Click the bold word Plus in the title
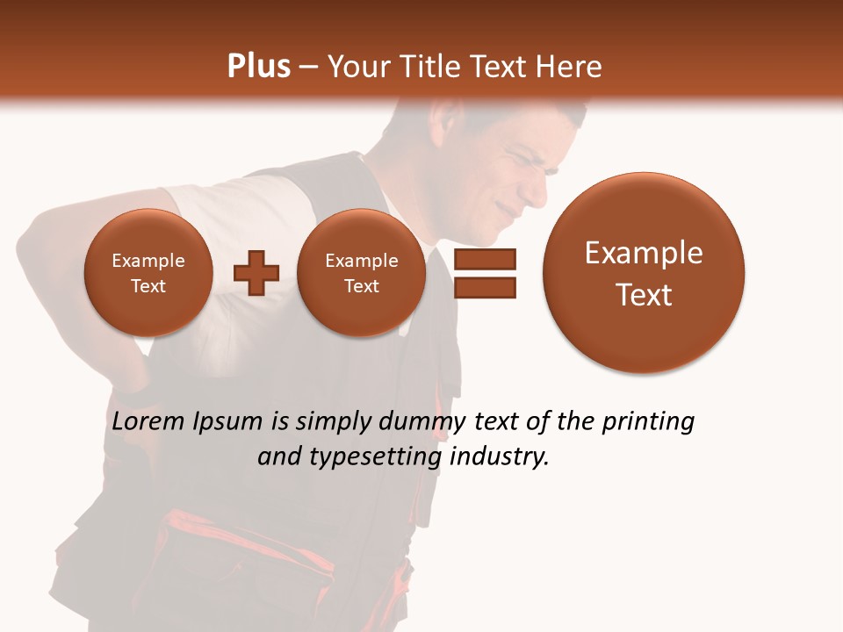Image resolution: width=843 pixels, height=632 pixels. tap(258, 67)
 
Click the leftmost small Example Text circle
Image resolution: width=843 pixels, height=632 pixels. tap(148, 273)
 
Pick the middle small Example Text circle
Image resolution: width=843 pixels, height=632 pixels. tap(361, 273)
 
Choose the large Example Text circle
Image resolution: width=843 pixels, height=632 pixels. tap(644, 273)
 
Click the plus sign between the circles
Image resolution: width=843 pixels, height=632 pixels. tap(256, 273)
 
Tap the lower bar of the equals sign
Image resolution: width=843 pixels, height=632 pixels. tap(485, 287)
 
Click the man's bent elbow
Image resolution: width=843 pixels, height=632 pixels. tap(35, 241)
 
